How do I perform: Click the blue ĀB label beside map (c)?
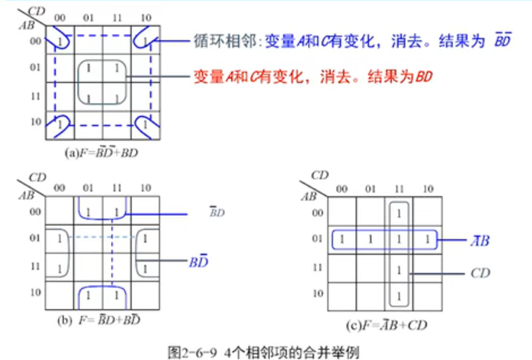[482, 241]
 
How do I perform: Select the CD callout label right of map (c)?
[480, 274]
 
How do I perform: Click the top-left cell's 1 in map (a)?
[60, 41]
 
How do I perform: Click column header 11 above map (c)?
[399, 190]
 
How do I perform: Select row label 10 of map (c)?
[318, 294]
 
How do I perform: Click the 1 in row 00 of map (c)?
[399, 214]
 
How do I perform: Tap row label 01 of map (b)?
[34, 238]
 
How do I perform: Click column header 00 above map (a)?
[59, 18]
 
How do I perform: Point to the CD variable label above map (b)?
[37, 177]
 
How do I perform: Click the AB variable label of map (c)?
[309, 197]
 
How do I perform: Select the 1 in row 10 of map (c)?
[399, 295]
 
